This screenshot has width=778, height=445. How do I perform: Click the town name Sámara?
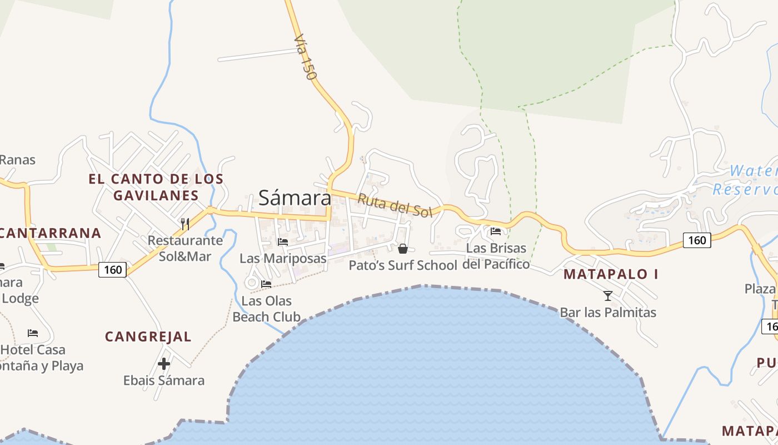[295, 197]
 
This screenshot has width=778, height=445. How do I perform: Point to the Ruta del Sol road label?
[395, 205]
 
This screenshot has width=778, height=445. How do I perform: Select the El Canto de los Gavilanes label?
[156, 187]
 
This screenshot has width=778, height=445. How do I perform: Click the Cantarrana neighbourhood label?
[51, 233]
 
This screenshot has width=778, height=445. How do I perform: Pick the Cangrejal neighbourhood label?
[148, 337]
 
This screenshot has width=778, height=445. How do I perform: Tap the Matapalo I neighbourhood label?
[611, 274]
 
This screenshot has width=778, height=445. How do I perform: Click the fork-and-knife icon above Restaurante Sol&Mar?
[185, 224]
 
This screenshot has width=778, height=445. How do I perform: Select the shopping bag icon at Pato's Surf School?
[402, 249]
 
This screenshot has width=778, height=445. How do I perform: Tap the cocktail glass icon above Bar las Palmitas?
[608, 295]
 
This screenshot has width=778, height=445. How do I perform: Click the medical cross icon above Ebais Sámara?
[164, 364]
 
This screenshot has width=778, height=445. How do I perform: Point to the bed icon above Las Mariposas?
[282, 242]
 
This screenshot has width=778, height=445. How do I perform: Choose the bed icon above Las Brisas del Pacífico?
[496, 231]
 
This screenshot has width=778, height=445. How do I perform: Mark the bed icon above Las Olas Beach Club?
[266, 284]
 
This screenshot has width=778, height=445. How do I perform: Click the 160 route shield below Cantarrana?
[113, 270]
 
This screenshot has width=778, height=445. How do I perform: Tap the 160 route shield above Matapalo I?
[697, 240]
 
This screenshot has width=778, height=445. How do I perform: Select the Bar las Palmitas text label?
[608, 312]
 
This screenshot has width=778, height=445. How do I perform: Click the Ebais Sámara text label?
[164, 380]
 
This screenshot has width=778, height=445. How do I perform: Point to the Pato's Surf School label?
[403, 265]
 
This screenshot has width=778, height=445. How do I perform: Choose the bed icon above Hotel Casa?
[33, 333]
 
